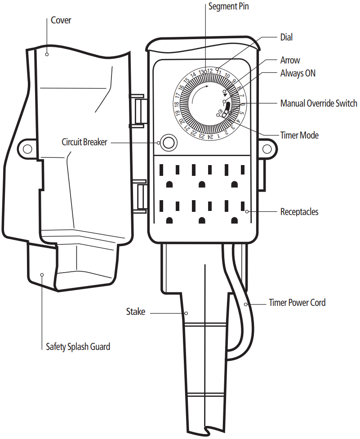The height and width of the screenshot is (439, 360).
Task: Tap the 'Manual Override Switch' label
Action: tap(318, 103)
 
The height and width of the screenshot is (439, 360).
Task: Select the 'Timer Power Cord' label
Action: tap(297, 303)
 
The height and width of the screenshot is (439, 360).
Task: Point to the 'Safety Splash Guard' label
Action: tap(78, 347)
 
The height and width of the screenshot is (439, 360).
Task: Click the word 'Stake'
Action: tap(136, 311)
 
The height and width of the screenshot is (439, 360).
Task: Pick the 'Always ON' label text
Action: tap(298, 73)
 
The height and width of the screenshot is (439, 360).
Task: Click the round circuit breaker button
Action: tap(169, 143)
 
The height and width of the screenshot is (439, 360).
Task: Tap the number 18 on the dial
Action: tap(177, 104)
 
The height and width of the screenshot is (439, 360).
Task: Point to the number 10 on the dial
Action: tap(227, 76)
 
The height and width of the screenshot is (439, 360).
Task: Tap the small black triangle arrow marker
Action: tap(224, 96)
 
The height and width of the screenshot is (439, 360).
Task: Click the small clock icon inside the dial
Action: tap(220, 111)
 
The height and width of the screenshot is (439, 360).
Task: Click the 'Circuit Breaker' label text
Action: tap(84, 142)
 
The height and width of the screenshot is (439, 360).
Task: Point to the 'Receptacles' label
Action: tap(299, 211)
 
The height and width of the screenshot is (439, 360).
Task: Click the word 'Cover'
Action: tap(61, 20)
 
